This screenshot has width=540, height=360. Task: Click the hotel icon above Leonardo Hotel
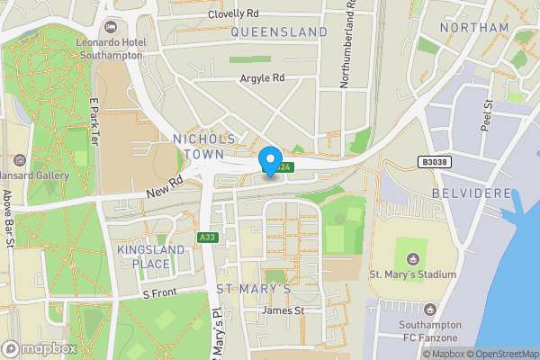tap(110, 25)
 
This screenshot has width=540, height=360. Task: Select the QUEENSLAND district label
tap(279, 31)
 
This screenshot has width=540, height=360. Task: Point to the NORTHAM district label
tap(475, 28)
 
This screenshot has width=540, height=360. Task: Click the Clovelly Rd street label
tap(232, 14)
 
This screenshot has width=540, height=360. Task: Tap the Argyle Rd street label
tap(262, 78)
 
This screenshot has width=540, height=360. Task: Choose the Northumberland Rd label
tap(346, 45)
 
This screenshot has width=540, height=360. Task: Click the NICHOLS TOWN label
tap(204, 147)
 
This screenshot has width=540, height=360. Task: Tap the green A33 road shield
tap(206, 237)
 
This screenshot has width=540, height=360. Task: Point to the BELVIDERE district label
tap(472, 193)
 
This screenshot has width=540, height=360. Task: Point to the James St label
tap(283, 310)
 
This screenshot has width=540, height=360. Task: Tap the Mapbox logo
tap(39, 348)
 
